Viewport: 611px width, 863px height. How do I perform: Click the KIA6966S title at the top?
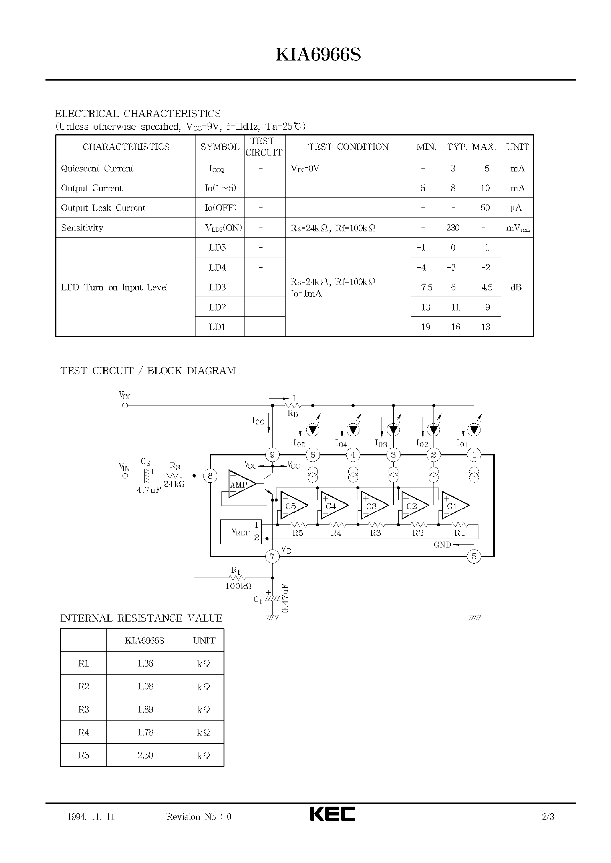coord(318,55)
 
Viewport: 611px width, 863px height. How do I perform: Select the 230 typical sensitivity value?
coord(453,228)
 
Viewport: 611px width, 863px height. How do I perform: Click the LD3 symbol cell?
coord(217,287)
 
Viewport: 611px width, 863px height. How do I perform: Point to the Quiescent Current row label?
coord(97,169)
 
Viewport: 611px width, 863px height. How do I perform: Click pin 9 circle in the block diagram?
coord(272,455)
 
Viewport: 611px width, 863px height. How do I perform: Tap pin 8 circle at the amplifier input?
coord(210,476)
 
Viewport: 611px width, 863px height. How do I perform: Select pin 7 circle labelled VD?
coord(272,556)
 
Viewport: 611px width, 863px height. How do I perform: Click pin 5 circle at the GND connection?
coord(474,556)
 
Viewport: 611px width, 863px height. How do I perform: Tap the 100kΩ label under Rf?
coord(238,586)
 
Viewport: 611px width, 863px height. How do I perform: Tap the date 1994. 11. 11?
coord(91,817)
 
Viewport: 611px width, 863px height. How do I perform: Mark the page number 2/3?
coord(548,816)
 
